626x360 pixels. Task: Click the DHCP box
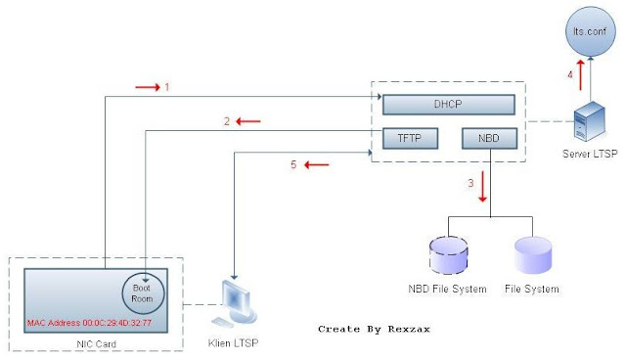coord(448,104)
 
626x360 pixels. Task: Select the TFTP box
coord(402,138)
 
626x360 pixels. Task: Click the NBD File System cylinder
coord(447,255)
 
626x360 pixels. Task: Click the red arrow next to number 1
coord(147,88)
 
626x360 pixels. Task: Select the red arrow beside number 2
coord(248,121)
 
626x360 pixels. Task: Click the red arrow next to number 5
coord(315,164)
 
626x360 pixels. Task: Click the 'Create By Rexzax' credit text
coord(374,330)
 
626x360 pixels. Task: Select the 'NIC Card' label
coord(95,344)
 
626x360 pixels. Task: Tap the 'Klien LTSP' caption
coord(235,344)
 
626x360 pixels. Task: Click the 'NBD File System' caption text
coord(447,290)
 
